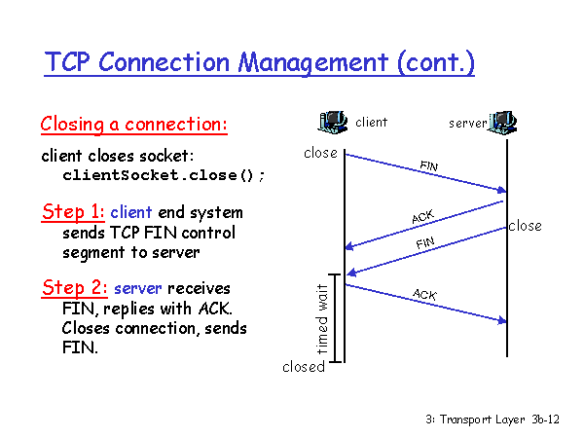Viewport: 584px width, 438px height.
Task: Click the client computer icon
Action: click(333, 122)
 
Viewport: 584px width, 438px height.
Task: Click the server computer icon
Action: click(503, 123)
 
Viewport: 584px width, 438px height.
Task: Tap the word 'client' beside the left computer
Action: click(372, 123)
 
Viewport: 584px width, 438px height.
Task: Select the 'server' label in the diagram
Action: click(468, 124)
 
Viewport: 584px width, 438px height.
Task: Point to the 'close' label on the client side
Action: click(320, 153)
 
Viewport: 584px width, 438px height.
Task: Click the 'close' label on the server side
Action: click(526, 226)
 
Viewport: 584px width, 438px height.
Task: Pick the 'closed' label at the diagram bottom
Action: click(304, 367)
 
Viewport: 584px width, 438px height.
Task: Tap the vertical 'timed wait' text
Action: click(322, 319)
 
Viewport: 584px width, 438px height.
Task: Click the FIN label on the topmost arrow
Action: click(429, 165)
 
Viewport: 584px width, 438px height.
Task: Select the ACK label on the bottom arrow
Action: click(424, 294)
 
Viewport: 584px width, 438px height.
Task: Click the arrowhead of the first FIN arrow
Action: click(502, 190)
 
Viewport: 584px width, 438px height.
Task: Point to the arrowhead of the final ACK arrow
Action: click(502, 320)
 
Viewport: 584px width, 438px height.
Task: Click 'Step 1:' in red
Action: click(73, 212)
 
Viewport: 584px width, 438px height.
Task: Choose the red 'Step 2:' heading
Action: click(75, 288)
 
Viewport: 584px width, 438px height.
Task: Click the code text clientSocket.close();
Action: click(164, 175)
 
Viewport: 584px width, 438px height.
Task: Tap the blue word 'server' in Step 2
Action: click(138, 289)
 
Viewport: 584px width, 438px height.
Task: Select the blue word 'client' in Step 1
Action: click(131, 212)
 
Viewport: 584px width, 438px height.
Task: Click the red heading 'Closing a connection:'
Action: click(134, 124)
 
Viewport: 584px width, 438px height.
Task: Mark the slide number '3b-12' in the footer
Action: click(546, 420)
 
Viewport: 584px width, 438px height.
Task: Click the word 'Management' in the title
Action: click(313, 62)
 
